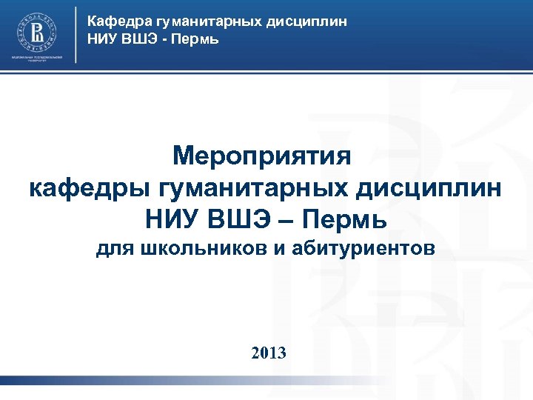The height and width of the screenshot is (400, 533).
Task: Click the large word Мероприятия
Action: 266,156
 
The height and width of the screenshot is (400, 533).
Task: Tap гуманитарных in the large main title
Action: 255,188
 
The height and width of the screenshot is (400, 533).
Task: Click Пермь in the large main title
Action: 353,219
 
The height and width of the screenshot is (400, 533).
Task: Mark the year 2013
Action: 268,352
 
